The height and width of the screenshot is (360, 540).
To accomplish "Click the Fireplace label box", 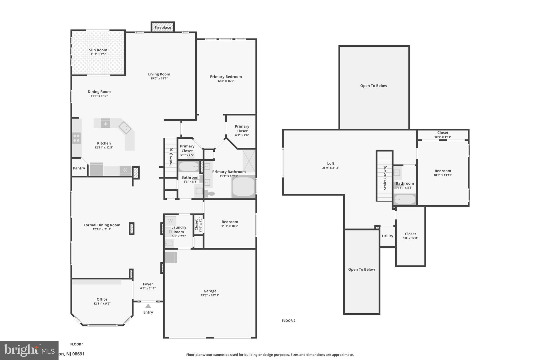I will coord(163,27).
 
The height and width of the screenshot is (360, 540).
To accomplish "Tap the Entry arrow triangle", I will coord(148,306).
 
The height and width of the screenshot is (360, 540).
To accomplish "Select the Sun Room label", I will coord(98,50).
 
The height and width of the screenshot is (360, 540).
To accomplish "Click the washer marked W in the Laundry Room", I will coord(170,221).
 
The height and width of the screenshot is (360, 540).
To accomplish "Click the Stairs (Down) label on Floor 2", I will coord(385,178).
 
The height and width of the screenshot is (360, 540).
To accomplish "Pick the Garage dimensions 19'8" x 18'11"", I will coord(210,295).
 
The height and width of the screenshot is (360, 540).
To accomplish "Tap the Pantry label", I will coord(79,168).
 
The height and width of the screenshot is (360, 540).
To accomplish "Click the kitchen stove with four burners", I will coord(76,138).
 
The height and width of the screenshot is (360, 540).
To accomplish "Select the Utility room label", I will coord(387,236).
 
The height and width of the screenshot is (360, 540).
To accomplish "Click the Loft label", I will coord(331,164).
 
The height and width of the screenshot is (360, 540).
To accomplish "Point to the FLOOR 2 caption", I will coord(288,321).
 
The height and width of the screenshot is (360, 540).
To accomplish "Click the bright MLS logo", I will coord(29,350).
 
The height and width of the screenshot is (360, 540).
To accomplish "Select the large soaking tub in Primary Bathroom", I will coord(243,187).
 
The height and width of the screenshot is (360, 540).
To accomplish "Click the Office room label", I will coord(102,299).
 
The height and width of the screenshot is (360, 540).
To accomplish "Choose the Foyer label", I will coord(148,284).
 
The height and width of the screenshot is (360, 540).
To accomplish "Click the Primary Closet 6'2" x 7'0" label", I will coord(242,129).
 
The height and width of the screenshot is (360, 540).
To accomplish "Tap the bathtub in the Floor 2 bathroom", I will coord(404,199).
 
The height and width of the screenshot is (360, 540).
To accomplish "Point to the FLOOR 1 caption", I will coord(77,344).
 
